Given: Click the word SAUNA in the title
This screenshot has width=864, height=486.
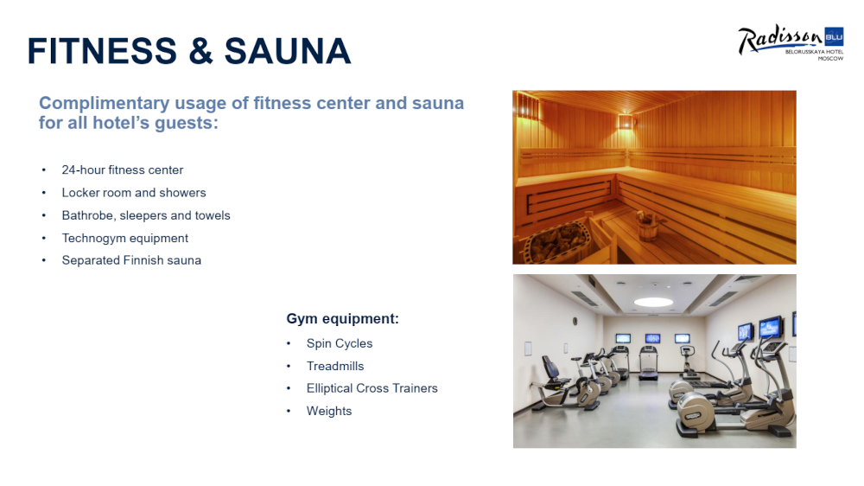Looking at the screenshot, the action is pos(288,51).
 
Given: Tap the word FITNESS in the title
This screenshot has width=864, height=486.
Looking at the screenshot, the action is pos(102,51).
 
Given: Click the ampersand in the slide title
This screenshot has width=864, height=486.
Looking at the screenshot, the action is pos(200,51).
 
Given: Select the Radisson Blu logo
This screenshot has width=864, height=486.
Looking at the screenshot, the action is pos(791,42).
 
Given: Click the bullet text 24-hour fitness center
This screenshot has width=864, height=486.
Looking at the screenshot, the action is pos(123,169).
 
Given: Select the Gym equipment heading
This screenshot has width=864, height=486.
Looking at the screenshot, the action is pos(342,319).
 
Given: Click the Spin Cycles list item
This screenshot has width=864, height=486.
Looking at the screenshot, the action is pos(340,343).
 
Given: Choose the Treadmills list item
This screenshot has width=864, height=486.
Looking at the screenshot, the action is pos(335,367).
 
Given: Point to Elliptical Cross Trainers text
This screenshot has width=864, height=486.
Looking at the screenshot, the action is pos(372,388).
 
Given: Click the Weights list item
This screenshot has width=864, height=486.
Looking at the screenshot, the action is pos(329,411).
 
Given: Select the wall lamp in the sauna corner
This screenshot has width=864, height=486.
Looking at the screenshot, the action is pos(626,121).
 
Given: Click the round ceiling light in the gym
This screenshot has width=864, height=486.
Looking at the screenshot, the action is pos(653,302).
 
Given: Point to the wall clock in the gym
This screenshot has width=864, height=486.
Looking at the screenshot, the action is pos(575,321).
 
